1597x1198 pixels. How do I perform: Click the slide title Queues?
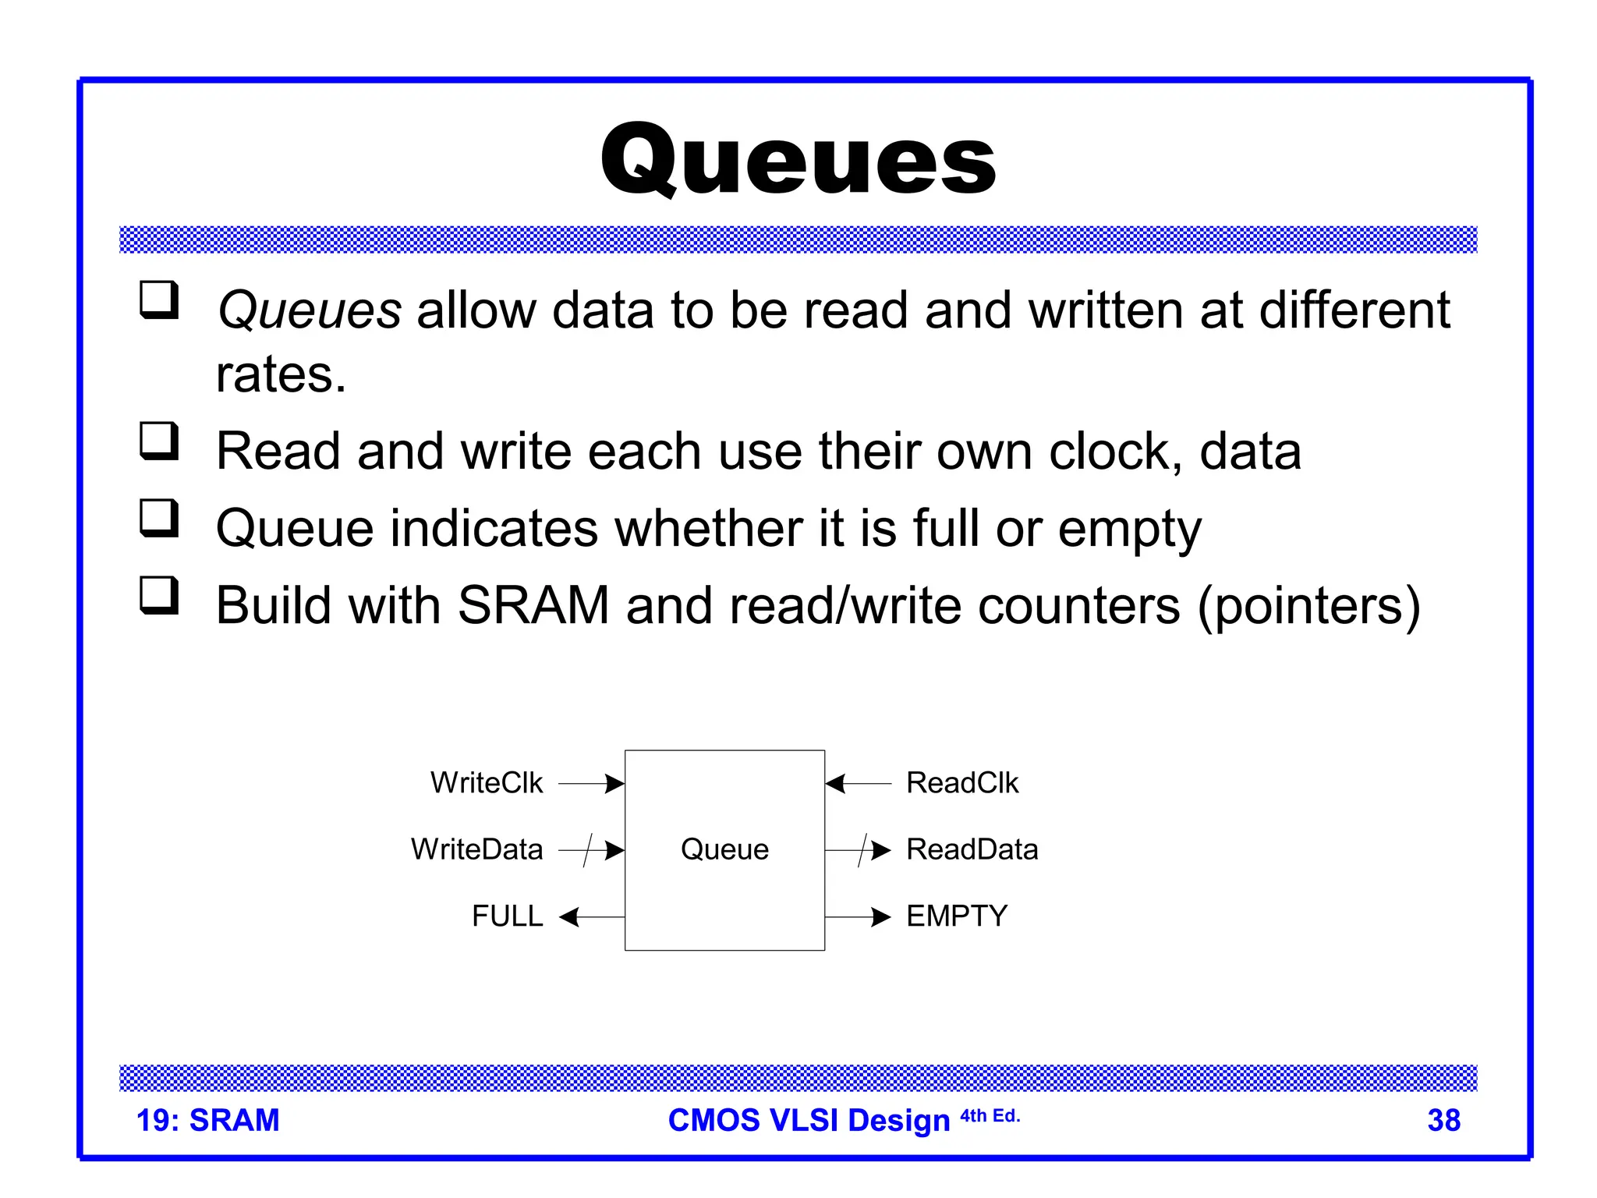pyautogui.click(x=798, y=160)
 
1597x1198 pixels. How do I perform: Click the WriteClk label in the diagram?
pyautogui.click(x=486, y=783)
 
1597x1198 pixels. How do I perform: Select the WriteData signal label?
pyautogui.click(x=476, y=849)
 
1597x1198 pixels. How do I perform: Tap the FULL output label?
pyautogui.click(x=507, y=916)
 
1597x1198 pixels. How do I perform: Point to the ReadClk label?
pyautogui.click(x=962, y=783)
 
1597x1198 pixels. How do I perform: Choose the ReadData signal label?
pyautogui.click(x=972, y=849)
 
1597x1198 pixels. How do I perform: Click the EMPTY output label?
pyautogui.click(x=957, y=916)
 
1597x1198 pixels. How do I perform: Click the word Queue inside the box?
pyautogui.click(x=724, y=849)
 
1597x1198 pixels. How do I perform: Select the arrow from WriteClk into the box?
pyautogui.click(x=592, y=783)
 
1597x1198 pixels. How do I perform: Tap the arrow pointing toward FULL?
pyautogui.click(x=592, y=917)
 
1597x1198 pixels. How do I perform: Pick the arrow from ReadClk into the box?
pyautogui.click(x=858, y=783)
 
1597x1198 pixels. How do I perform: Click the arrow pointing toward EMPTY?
pyautogui.click(x=858, y=917)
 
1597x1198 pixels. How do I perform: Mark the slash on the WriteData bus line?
pyautogui.click(x=589, y=850)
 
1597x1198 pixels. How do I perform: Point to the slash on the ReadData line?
pyautogui.click(x=862, y=850)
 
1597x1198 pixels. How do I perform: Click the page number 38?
pyautogui.click(x=1443, y=1121)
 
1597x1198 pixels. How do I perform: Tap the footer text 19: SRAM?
pyautogui.click(x=207, y=1121)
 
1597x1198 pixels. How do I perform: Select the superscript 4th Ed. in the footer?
pyautogui.click(x=990, y=1116)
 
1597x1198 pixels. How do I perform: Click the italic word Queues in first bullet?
pyautogui.click(x=309, y=310)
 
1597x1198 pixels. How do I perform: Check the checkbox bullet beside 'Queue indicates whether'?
pyautogui.click(x=159, y=518)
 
